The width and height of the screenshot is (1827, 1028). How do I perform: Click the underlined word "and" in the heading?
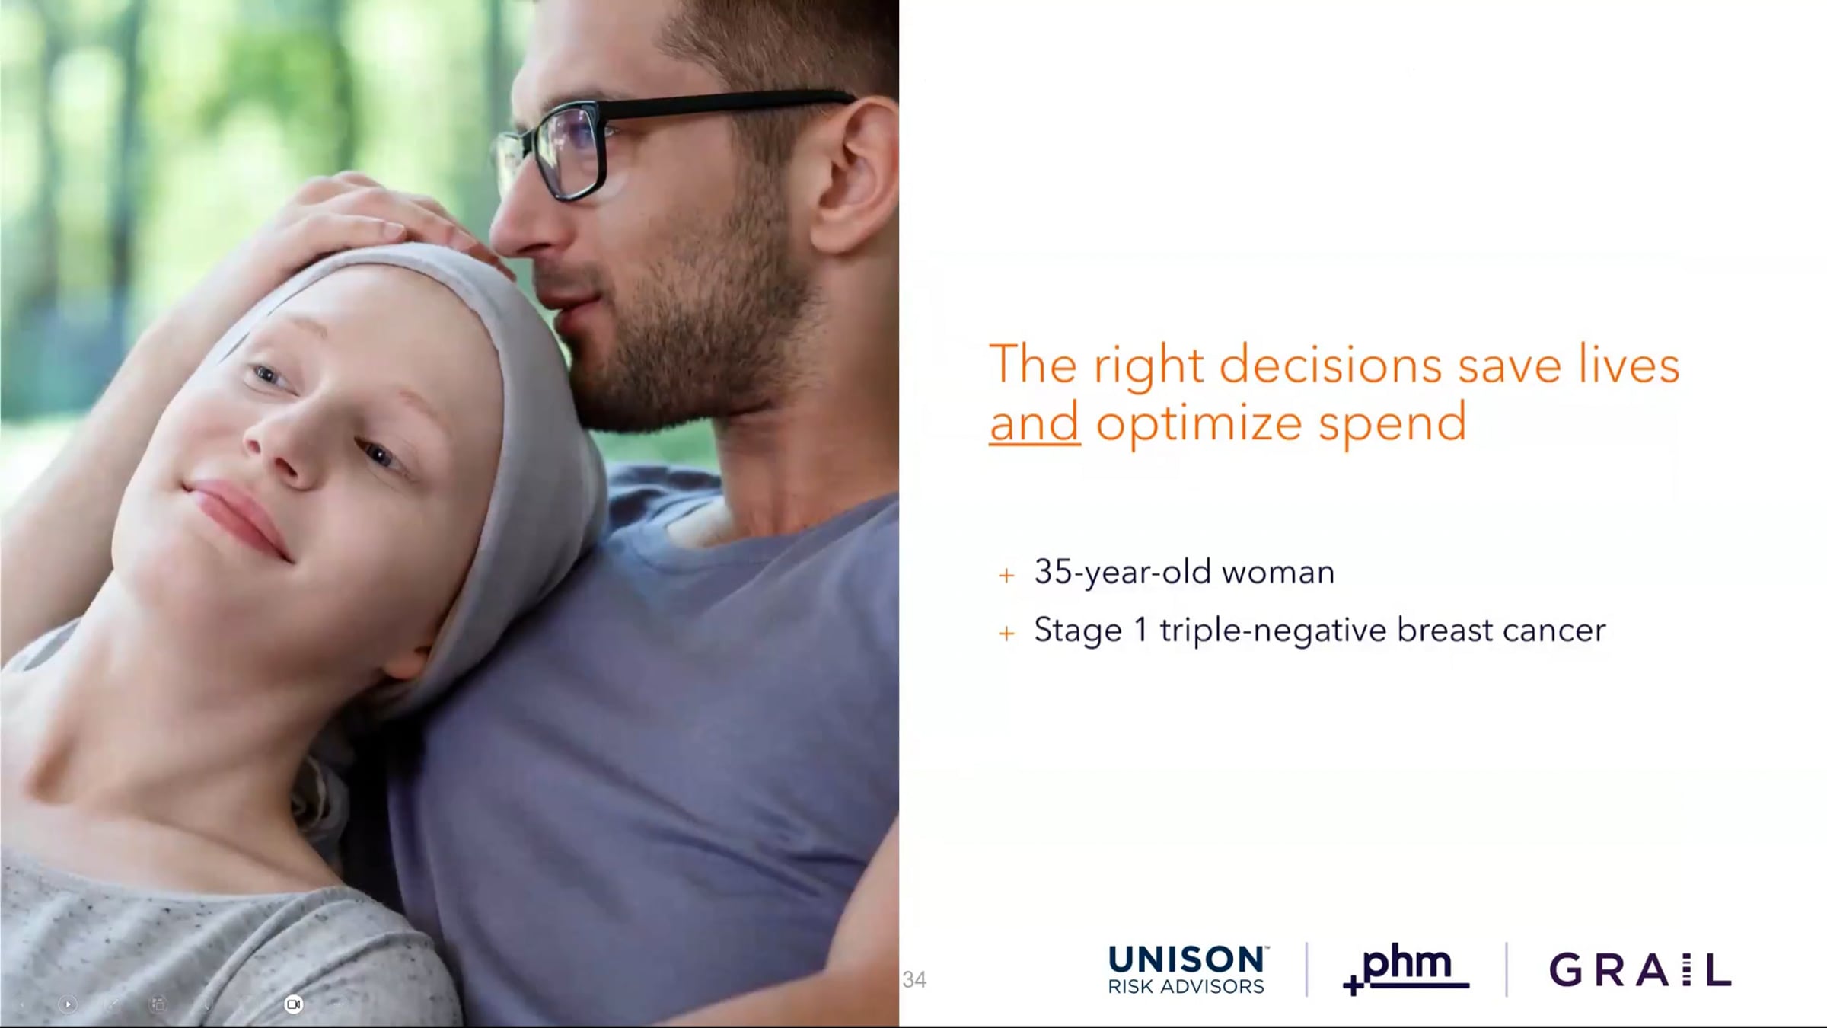pyautogui.click(x=1035, y=422)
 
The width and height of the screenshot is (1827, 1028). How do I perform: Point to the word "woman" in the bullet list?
pyautogui.click(x=1278, y=573)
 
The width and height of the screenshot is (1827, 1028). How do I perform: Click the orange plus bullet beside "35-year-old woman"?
pyautogui.click(x=1006, y=576)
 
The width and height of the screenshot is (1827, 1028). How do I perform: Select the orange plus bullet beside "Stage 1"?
pyautogui.click(x=1006, y=634)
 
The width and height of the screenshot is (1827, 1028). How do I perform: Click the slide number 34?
pyautogui.click(x=914, y=979)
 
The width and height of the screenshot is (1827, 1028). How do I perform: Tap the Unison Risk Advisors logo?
pyautogui.click(x=1188, y=970)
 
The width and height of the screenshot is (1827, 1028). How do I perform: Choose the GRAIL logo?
pyautogui.click(x=1640, y=970)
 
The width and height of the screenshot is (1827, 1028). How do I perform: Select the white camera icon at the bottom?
pyautogui.click(x=293, y=1004)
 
